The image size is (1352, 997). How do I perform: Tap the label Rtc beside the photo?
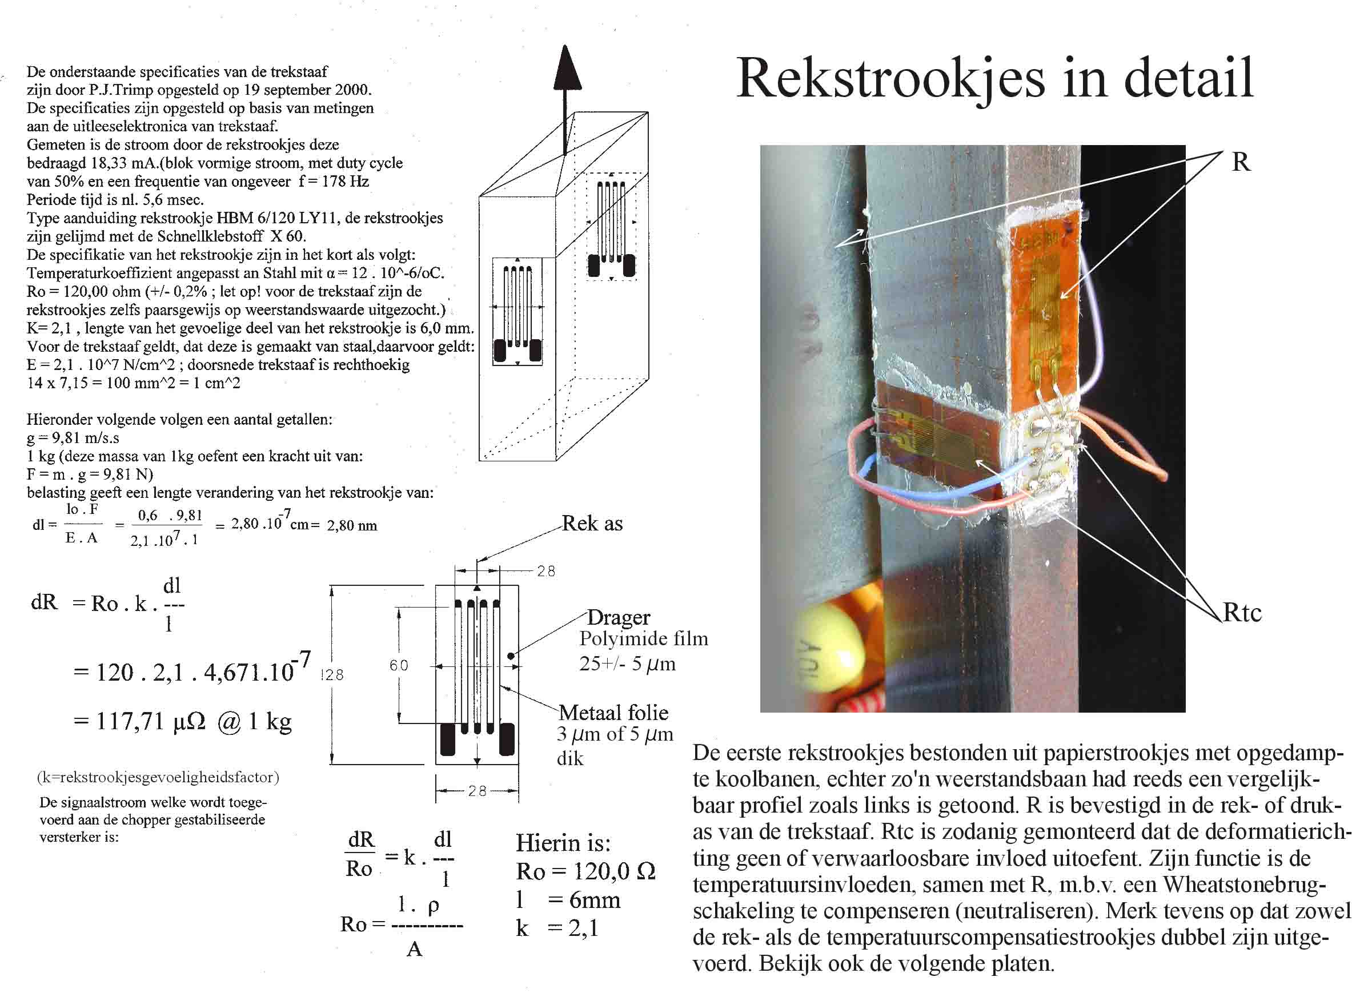[x=1242, y=613]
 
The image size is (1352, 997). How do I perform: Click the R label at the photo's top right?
[x=1241, y=162]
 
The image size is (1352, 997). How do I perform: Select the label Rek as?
[x=592, y=523]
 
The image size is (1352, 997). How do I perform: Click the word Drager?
[x=618, y=617]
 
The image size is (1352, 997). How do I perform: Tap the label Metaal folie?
[x=613, y=713]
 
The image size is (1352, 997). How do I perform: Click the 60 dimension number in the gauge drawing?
[x=399, y=665]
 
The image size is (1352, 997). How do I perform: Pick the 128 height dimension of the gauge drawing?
[x=332, y=675]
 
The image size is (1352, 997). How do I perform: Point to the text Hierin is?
[x=563, y=842]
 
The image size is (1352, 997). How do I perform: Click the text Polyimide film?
[x=643, y=638]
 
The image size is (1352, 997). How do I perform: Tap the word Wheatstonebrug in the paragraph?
[x=1243, y=885]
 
